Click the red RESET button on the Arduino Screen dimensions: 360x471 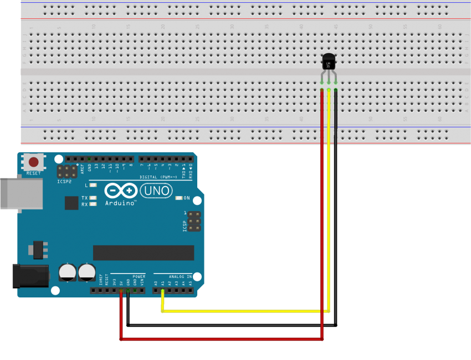pyautogui.click(x=34, y=162)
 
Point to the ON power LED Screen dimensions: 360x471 pyautogui.click(x=178, y=198)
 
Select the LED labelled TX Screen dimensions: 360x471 pyautogui.click(x=93, y=198)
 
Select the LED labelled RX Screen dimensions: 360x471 pyautogui.click(x=93, y=204)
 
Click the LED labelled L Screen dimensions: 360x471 pyautogui.click(x=93, y=185)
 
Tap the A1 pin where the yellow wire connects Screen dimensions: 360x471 pyautogui.click(x=162, y=290)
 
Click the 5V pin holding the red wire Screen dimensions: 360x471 pyautogui.click(x=121, y=290)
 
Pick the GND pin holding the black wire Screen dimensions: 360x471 pyautogui.click(x=128, y=290)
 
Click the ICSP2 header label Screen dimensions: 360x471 pyautogui.click(x=64, y=181)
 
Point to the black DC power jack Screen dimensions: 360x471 pyautogui.click(x=30, y=275)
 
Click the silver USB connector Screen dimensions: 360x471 pyautogui.click(x=21, y=193)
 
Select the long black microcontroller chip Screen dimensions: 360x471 pyautogui.click(x=144, y=253)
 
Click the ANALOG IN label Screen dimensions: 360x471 pyautogui.click(x=181, y=276)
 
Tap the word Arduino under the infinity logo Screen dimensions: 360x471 pyautogui.click(x=120, y=203)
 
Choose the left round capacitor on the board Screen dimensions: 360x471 pyautogui.click(x=68, y=271)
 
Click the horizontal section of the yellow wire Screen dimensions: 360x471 pyautogui.click(x=244, y=311)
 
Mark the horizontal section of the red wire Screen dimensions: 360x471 pyautogui.click(x=222, y=338)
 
